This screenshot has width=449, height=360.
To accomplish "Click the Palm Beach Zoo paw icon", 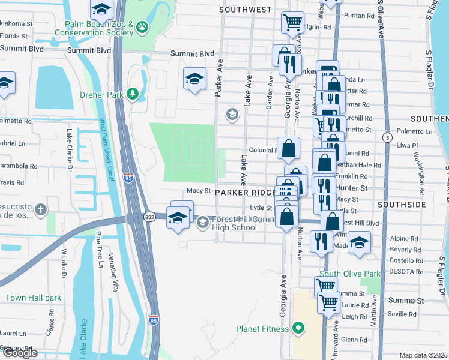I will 142,26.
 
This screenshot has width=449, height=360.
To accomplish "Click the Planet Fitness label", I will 263,329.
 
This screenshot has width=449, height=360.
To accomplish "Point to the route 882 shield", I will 149,217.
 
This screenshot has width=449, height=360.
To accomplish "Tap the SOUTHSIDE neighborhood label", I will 402,205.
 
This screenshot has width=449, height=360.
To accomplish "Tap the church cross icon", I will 41,210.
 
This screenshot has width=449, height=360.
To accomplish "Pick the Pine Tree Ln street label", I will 100,251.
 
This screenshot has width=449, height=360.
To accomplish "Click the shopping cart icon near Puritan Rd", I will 292,22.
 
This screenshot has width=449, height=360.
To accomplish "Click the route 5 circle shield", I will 389,137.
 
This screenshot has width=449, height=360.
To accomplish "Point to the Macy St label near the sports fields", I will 199,191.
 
